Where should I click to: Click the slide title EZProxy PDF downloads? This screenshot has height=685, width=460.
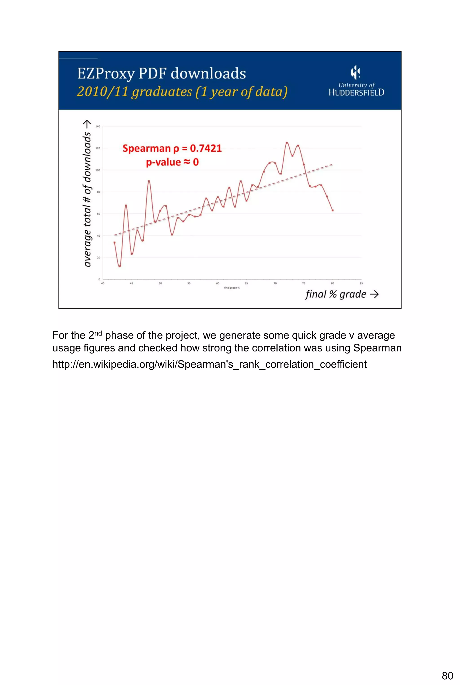[161, 73]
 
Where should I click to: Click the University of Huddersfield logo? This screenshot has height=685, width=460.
[356, 81]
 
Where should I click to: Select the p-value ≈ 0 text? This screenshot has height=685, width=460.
[172, 162]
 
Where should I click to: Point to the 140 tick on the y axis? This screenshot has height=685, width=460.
[98, 127]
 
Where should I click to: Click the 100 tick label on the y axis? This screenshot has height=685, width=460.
[98, 170]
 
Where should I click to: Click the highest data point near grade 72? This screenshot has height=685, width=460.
[287, 143]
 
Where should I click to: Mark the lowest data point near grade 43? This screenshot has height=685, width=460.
[120, 266]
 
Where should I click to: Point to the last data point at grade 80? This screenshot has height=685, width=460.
[332, 210]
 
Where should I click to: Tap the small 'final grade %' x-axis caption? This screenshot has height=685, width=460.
[232, 288]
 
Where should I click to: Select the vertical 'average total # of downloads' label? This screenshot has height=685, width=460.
[87, 194]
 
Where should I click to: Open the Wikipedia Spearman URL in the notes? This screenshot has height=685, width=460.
[210, 364]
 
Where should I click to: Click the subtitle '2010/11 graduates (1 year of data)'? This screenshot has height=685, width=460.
[182, 91]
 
